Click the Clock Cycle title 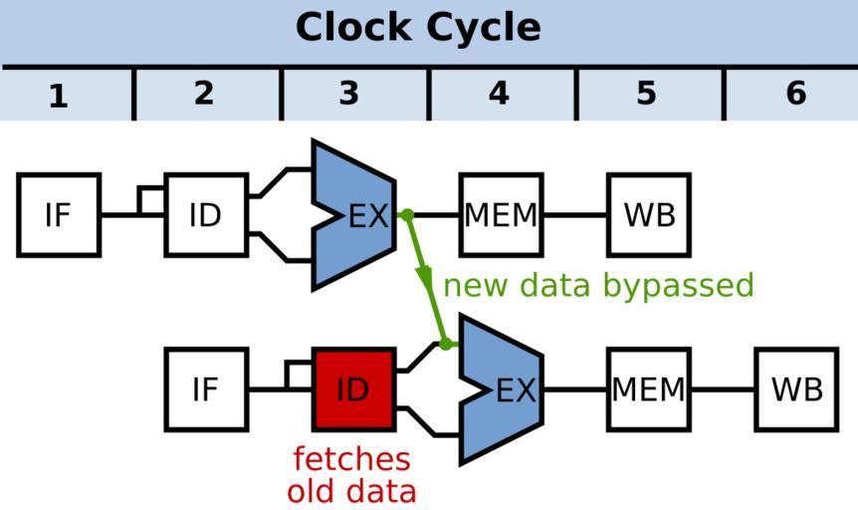click(418, 28)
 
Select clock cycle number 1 click(59, 96)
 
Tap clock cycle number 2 click(204, 94)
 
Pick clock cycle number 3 click(348, 94)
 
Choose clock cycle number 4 click(499, 94)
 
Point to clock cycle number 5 click(646, 94)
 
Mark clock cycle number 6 click(795, 94)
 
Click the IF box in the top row click(59, 215)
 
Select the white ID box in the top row click(205, 215)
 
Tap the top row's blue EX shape click(358, 215)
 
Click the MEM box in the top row click(501, 215)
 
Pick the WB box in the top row click(649, 215)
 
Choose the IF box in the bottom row click(205, 389)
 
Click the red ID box click(353, 389)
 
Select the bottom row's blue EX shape click(506, 389)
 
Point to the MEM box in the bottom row click(648, 389)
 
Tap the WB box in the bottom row click(796, 389)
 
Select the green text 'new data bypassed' click(598, 286)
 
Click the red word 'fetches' click(351, 459)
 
